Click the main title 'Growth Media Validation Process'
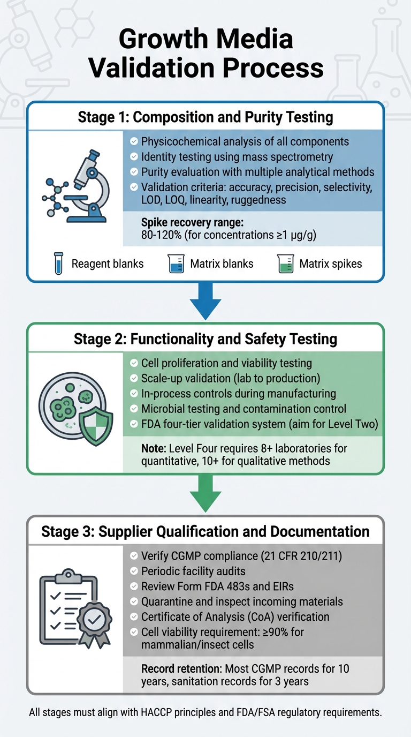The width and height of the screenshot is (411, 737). pyautogui.click(x=205, y=54)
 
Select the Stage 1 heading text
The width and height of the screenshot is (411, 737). pyautogui.click(x=205, y=117)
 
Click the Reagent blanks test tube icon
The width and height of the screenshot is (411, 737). pyautogui.click(x=58, y=264)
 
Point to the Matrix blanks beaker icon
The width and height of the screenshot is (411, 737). pyautogui.click(x=177, y=264)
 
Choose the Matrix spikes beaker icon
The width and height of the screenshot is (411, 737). pyautogui.click(x=285, y=264)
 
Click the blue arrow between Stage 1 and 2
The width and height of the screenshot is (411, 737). pyautogui.click(x=205, y=301)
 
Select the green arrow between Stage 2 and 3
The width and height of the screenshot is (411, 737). pyautogui.click(x=205, y=493)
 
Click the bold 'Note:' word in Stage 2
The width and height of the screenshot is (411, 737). pyautogui.click(x=153, y=447)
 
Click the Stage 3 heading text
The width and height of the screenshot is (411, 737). pyautogui.click(x=205, y=531)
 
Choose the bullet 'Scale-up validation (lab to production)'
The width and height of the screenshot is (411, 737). pyautogui.click(x=230, y=378)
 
